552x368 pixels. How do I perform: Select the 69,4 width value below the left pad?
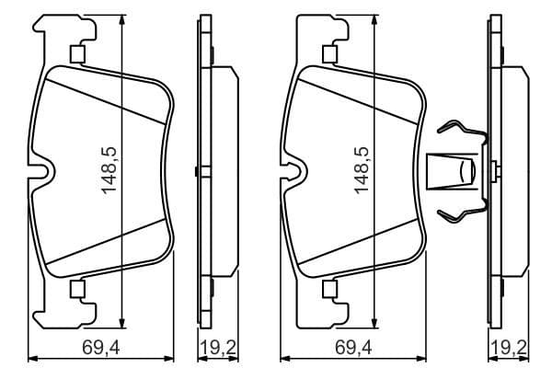click(102, 347)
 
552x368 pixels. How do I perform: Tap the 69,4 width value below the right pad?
click(354, 347)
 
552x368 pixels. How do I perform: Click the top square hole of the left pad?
click(77, 54)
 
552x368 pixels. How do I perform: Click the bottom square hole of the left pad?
click(77, 291)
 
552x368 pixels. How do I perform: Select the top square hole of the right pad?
click(328, 54)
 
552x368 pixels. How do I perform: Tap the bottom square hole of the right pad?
click(328, 291)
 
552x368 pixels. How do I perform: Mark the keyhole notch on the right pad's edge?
click(295, 172)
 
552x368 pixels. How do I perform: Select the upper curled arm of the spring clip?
click(457, 130)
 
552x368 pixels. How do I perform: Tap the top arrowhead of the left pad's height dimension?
click(122, 21)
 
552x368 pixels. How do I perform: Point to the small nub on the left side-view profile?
click(197, 170)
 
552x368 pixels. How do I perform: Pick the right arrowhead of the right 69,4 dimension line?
click(427, 356)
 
